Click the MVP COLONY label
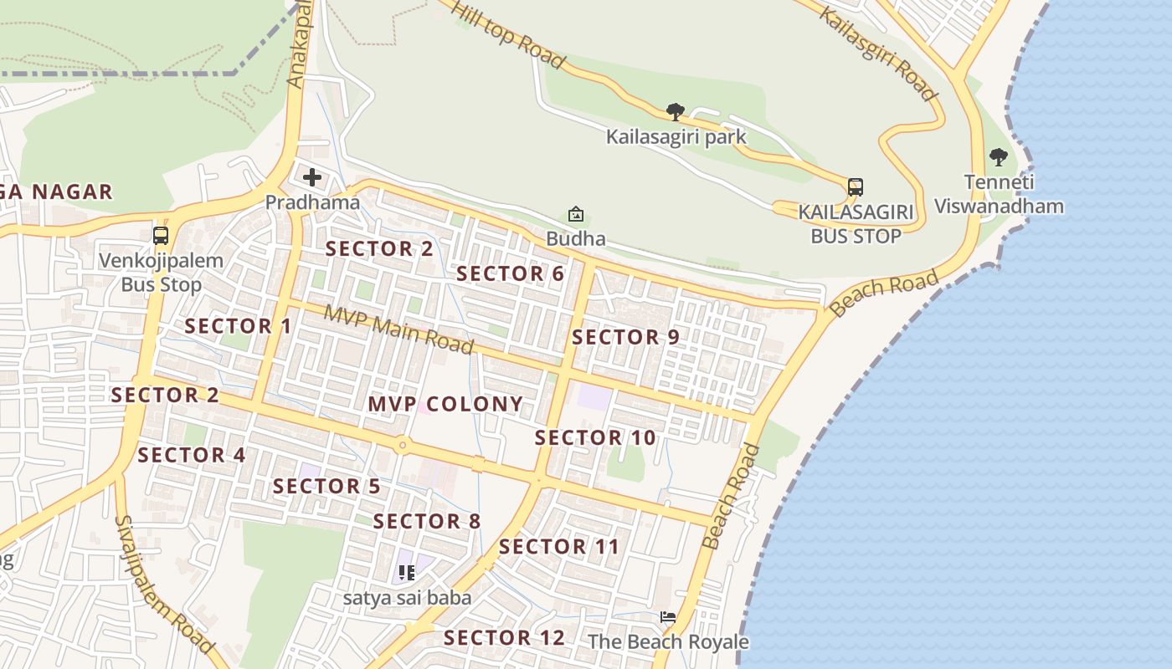[x=445, y=405]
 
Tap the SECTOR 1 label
[x=239, y=326]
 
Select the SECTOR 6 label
[x=510, y=273]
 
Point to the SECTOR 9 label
[x=625, y=338]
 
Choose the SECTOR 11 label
[x=559, y=547]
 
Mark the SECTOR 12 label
[x=504, y=638]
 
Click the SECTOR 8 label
[x=427, y=522]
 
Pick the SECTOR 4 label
[x=192, y=456]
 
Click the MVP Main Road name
[x=398, y=329]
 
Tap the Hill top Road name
[x=508, y=33]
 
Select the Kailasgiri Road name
[x=876, y=53]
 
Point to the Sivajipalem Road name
[x=163, y=584]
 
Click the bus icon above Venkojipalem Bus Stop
[x=161, y=236]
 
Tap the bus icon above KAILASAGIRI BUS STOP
[x=855, y=186]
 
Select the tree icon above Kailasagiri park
[x=675, y=112]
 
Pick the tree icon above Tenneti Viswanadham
[x=998, y=156]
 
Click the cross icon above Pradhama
[x=312, y=177]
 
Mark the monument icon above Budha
[x=576, y=215]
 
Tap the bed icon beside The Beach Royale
[x=667, y=617]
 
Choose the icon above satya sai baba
[x=407, y=573]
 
